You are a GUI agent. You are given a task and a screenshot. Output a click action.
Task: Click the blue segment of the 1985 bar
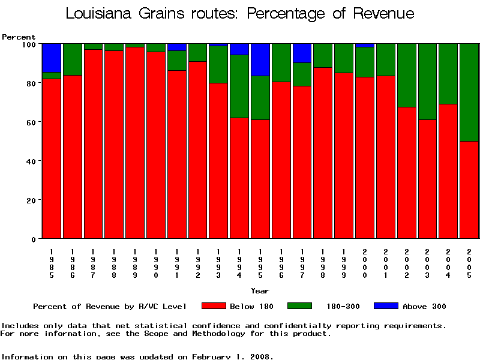coord(52,58)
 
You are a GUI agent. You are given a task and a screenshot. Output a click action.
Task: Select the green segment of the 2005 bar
coord(469,92)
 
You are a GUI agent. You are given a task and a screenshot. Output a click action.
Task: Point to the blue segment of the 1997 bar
coord(302,53)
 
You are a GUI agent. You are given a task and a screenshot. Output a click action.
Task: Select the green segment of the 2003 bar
coord(428,82)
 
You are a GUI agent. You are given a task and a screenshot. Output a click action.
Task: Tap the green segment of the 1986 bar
coord(73,59)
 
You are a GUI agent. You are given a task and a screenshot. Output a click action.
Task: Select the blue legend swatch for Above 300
coord(386,306)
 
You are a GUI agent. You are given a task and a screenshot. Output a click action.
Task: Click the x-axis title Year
coord(260,291)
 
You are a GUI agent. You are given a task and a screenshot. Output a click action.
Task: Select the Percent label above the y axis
coord(19,37)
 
